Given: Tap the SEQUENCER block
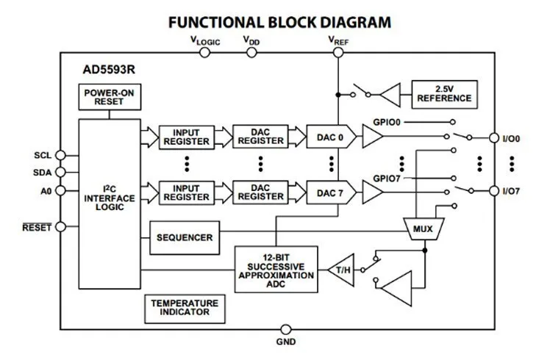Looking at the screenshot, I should click(x=184, y=237).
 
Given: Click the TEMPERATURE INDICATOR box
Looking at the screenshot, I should click(x=185, y=307).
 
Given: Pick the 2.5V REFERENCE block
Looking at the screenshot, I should click(x=443, y=93).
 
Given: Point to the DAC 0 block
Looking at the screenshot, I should click(x=330, y=137).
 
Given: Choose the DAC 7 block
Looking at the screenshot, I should click(x=330, y=192).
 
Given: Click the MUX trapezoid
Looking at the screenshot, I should click(x=423, y=229).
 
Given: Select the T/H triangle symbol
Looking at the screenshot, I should click(x=342, y=269).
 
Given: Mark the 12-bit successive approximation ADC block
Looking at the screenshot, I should click(x=276, y=270).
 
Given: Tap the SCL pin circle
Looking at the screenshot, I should click(x=61, y=155).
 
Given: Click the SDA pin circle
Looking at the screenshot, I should click(x=61, y=173).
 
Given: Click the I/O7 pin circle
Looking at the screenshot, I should click(x=494, y=192).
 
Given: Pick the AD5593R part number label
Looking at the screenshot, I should click(x=108, y=72).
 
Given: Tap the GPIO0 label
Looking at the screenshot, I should click(x=387, y=121).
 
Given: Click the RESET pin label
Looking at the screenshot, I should click(x=38, y=228).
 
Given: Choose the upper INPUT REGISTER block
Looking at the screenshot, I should click(x=186, y=137).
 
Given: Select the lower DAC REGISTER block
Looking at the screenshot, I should click(x=260, y=192).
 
